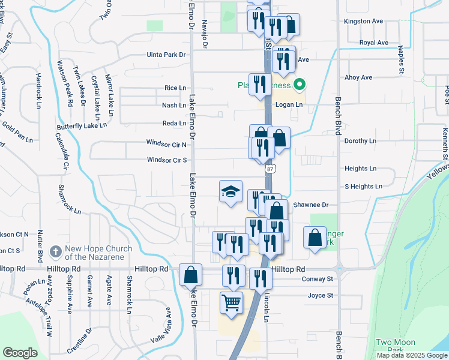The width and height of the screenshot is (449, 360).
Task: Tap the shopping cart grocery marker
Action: point(231,302)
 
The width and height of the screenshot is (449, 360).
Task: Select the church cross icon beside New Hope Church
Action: point(55,251)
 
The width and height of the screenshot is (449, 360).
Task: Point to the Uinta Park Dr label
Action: point(167,55)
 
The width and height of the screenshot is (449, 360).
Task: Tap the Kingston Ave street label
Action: point(363,21)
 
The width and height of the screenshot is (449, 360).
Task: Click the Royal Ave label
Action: point(373,43)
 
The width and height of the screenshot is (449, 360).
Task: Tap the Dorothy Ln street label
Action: point(360,141)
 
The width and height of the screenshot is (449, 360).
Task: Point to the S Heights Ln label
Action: point(363,187)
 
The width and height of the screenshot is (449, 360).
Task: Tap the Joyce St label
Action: point(320,295)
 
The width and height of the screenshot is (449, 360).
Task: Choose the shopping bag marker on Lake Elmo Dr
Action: point(190,275)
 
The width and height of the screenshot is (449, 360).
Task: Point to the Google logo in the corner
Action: point(20,352)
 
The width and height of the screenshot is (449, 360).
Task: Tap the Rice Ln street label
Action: point(175,88)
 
